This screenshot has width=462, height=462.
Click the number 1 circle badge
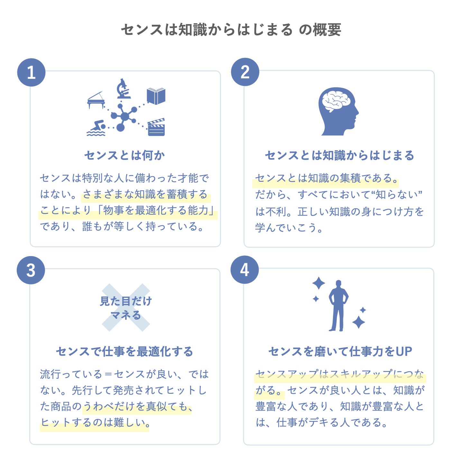point(31,72)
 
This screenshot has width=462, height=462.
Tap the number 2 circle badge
point(245,72)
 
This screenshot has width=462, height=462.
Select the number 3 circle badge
point(31,270)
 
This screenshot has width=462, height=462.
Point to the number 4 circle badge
point(245,270)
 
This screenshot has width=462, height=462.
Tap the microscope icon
point(123,88)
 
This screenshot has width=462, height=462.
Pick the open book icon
point(156,96)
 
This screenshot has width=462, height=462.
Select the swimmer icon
point(97,128)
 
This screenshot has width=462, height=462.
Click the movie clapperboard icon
point(156,127)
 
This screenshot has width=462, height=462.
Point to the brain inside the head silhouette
point(336,101)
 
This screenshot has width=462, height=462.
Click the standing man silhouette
point(338,306)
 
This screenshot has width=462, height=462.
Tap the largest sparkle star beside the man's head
point(319,283)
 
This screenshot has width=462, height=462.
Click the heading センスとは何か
point(125,155)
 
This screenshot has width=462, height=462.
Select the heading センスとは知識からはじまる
point(339,155)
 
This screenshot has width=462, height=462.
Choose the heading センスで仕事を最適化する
point(125,351)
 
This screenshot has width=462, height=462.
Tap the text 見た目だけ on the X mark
point(126,301)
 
